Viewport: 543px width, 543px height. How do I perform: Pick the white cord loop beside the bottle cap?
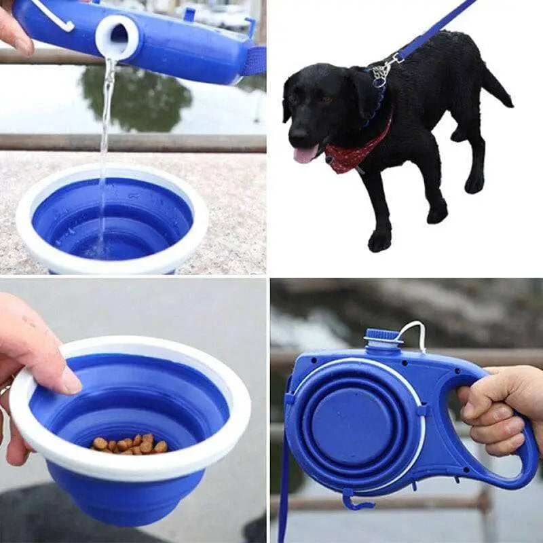[415, 333]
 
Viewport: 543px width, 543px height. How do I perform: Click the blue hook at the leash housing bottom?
[354, 502]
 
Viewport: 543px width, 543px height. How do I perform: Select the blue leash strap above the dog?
[434, 27]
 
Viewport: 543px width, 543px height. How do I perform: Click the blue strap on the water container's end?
[254, 61]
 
